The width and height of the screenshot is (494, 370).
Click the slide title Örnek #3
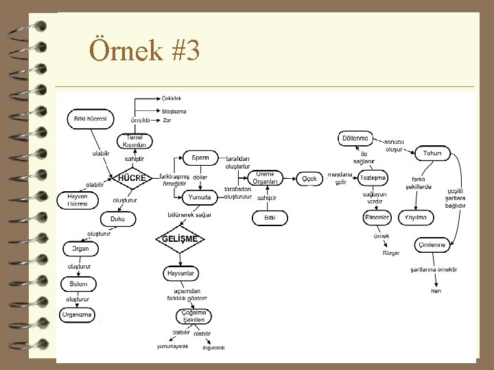pyautogui.click(x=145, y=51)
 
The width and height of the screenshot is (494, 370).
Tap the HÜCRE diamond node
pyautogui.click(x=132, y=178)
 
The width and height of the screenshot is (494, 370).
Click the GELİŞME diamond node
pyautogui.click(x=180, y=238)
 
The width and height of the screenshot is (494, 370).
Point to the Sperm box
pyautogui.click(x=200, y=158)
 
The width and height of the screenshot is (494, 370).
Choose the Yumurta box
pyautogui.click(x=203, y=197)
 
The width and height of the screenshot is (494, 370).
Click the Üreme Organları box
pyautogui.click(x=264, y=178)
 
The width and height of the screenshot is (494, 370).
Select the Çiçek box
pyautogui.click(x=309, y=179)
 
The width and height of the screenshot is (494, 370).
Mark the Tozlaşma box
pyautogui.click(x=373, y=177)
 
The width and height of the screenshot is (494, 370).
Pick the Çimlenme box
pyautogui.click(x=431, y=245)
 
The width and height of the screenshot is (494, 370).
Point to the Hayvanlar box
pyautogui.click(x=181, y=273)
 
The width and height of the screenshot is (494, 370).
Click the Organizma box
pyautogui.click(x=77, y=315)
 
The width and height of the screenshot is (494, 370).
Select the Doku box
pyautogui.click(x=118, y=219)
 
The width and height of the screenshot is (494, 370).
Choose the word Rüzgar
pyautogui.click(x=391, y=254)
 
